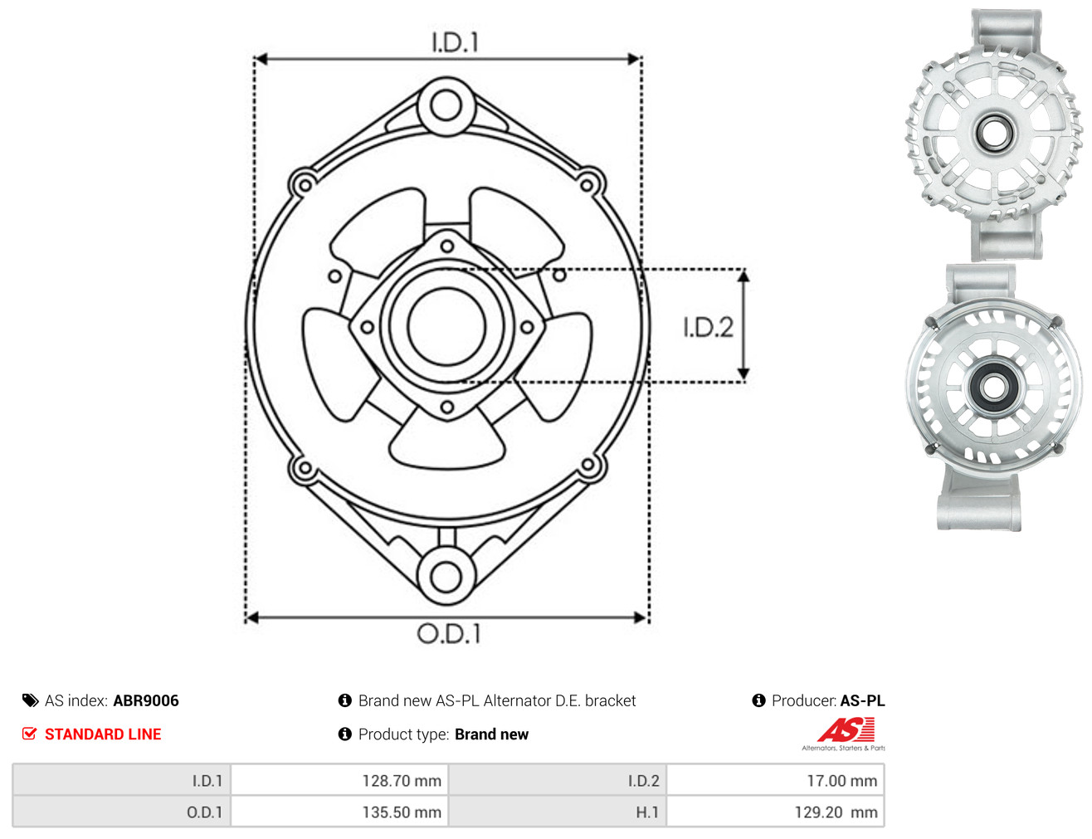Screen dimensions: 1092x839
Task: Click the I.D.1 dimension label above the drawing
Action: click(x=455, y=42)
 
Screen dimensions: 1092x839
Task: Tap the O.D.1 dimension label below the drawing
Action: click(x=449, y=633)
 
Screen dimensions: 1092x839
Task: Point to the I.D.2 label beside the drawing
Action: click(x=708, y=327)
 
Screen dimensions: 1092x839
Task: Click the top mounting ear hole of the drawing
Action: click(x=446, y=105)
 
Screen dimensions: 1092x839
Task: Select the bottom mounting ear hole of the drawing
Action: click(x=446, y=577)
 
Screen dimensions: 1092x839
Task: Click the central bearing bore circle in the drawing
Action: click(x=446, y=325)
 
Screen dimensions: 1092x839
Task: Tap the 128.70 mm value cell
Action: click(x=339, y=781)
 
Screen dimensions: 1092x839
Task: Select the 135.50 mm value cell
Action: click(x=339, y=812)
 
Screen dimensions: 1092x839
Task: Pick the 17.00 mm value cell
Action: click(x=775, y=781)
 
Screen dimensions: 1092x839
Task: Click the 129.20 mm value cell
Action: click(x=775, y=812)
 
